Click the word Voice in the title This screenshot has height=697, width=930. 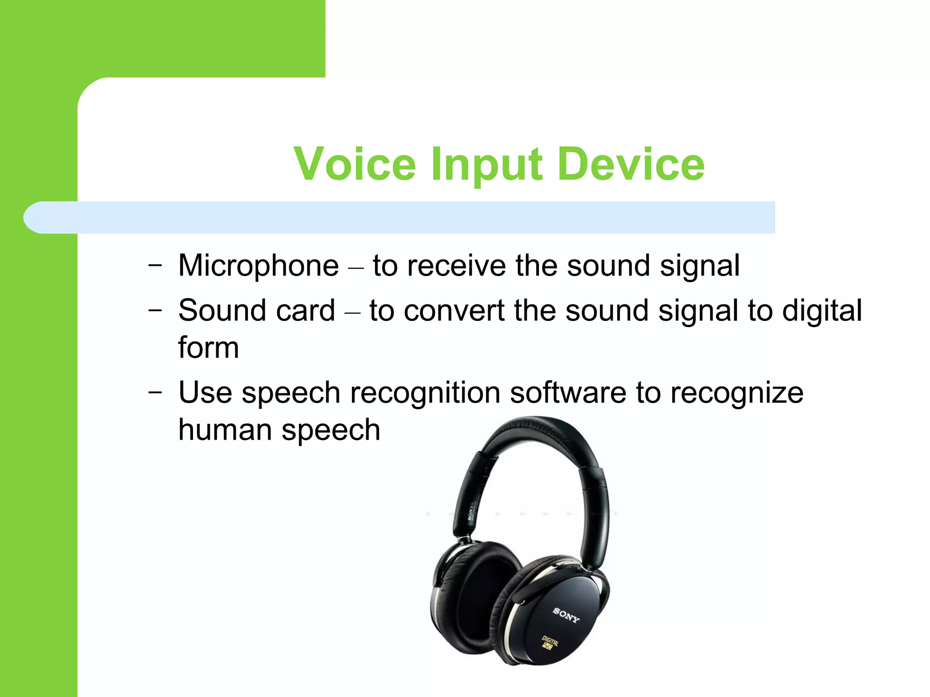(355, 164)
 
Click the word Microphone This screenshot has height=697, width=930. (258, 265)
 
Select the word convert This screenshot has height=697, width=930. (454, 311)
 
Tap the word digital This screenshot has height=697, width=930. (821, 311)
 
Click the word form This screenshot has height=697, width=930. (208, 348)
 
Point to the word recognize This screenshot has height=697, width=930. (737, 393)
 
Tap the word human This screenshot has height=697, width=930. (225, 430)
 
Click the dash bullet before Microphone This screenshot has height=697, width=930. (155, 265)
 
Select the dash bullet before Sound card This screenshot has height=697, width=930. (155, 311)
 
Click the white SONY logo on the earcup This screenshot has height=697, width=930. (566, 615)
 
